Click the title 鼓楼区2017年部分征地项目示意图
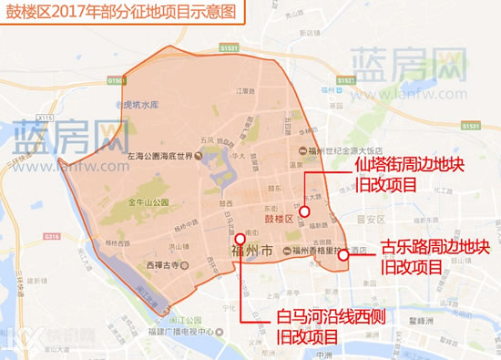point(121,15)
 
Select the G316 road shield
point(51,236)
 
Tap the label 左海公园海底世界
point(164,157)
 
